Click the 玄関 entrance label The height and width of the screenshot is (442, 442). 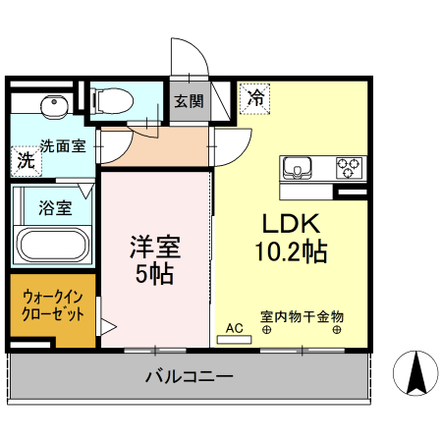pyautogui.click(x=189, y=100)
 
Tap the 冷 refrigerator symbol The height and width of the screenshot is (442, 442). pyautogui.click(x=254, y=97)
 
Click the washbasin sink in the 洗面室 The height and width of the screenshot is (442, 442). pyautogui.click(x=50, y=105)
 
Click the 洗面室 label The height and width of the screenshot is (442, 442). pyautogui.click(x=62, y=144)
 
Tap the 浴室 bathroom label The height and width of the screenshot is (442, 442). pyautogui.click(x=54, y=208)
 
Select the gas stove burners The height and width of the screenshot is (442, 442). pyautogui.click(x=349, y=166)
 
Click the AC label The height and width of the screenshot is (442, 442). pyautogui.click(x=234, y=327)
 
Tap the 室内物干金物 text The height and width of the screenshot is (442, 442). pyautogui.click(x=302, y=316)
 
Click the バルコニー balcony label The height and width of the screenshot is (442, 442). pyautogui.click(x=189, y=375)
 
